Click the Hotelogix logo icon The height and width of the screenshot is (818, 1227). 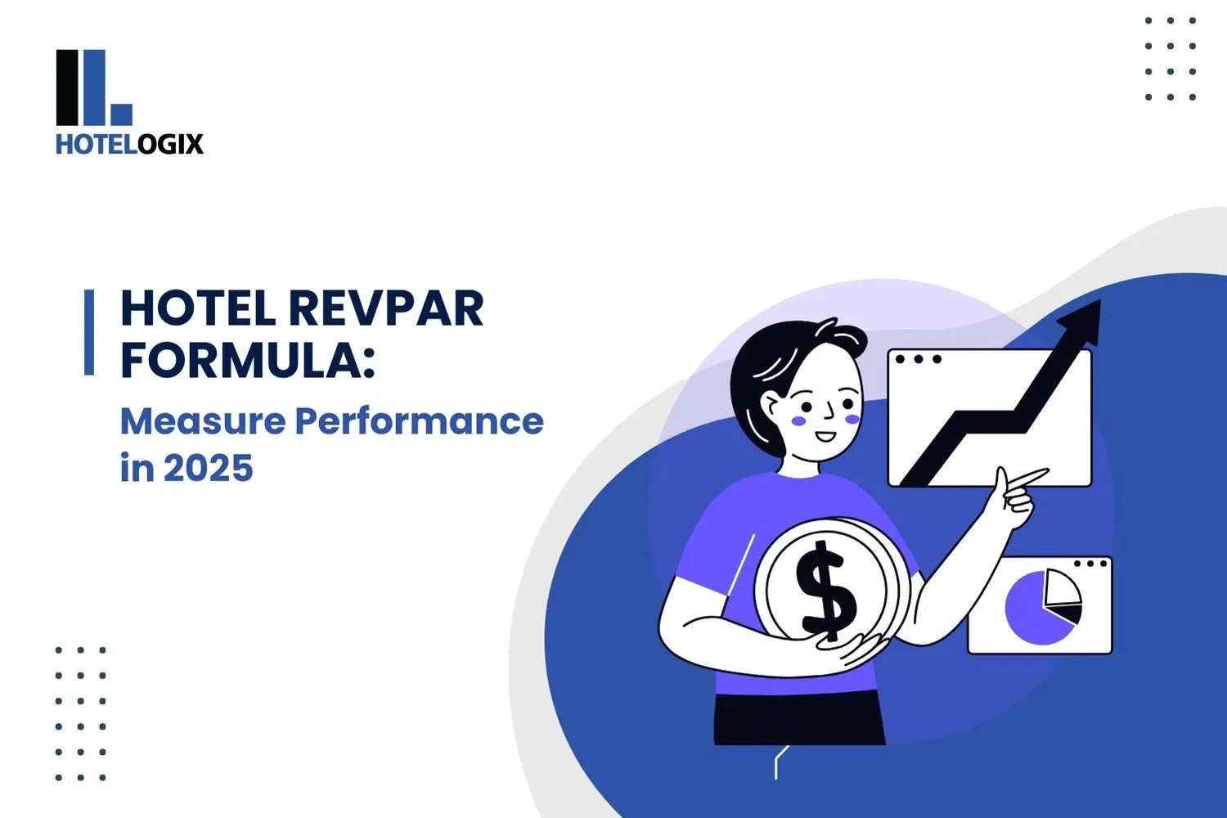tap(93, 87)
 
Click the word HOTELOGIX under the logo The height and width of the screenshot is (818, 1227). tap(129, 145)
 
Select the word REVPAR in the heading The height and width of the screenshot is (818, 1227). tap(386, 308)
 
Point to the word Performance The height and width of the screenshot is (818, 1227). tap(419, 421)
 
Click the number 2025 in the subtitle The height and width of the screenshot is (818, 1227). tap(208, 469)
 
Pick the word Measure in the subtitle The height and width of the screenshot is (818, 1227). tap(203, 421)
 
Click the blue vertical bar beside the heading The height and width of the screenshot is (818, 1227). tap(89, 332)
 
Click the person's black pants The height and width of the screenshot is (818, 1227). tap(798, 720)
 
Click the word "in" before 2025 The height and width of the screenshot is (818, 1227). tap(137, 469)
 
